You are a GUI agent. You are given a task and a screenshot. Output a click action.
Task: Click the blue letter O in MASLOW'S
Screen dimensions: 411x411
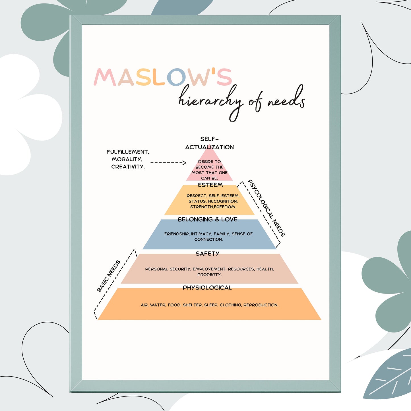click(176, 77)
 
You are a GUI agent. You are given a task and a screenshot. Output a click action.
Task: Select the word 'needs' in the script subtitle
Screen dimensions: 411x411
click(286, 100)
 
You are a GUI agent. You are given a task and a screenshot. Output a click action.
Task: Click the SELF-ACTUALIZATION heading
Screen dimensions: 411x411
click(209, 143)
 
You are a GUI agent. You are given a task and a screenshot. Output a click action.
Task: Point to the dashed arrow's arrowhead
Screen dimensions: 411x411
click(184, 163)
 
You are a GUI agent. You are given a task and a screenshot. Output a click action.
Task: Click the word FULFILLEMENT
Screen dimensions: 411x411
click(128, 152)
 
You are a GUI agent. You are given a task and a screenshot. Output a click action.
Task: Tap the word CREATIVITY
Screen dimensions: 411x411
click(128, 167)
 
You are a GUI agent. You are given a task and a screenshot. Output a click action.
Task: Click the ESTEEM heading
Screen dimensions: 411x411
click(210, 185)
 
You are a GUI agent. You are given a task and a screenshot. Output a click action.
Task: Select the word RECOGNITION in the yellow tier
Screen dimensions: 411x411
click(223, 201)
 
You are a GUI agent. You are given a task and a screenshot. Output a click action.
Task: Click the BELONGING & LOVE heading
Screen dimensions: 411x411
click(207, 219)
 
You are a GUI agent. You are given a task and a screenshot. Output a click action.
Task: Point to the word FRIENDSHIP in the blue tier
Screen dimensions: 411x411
click(177, 234)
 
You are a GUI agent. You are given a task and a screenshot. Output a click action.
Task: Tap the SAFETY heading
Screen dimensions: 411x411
click(207, 254)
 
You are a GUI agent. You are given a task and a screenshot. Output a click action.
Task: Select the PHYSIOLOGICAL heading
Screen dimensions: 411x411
click(207, 288)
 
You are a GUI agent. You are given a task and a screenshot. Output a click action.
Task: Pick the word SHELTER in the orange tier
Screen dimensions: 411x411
click(192, 305)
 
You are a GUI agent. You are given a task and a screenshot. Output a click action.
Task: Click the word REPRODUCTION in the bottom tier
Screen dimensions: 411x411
click(261, 305)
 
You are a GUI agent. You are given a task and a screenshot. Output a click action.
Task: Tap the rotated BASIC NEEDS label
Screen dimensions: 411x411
click(109, 276)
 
